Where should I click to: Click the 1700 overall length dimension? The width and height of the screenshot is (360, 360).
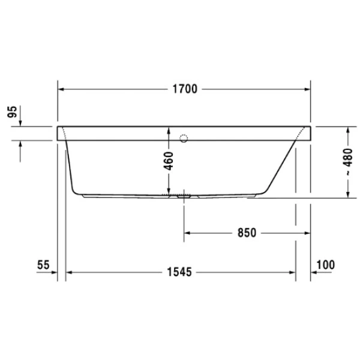point(184,90)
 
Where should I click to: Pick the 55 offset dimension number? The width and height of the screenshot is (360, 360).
point(42,264)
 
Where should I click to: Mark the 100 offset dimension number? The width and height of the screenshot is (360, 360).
point(325,264)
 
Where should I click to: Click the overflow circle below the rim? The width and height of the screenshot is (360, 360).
point(184,139)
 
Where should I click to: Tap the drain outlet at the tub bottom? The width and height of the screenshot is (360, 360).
point(184,195)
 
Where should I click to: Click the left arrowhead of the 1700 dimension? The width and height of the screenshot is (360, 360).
point(61,90)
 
